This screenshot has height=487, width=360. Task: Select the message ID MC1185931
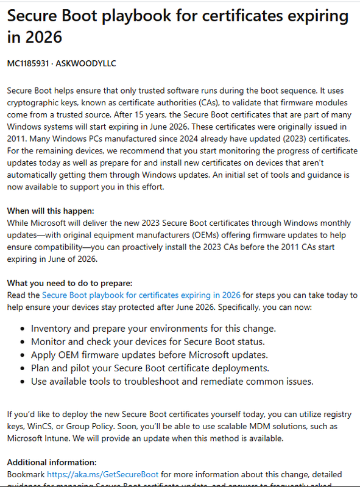click(31, 63)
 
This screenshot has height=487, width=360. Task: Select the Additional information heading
click(52, 462)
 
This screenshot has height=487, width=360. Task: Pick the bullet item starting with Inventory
click(153, 328)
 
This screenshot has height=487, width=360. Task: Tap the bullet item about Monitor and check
click(147, 342)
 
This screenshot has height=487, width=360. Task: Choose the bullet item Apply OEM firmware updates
click(149, 355)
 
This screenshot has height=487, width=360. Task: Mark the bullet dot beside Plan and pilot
click(22, 368)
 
